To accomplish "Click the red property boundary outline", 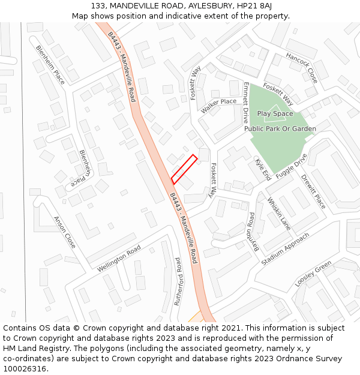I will point(184,169).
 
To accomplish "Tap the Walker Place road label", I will point(219,105).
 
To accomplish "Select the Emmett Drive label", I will point(245,103).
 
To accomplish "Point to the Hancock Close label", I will point(302,67).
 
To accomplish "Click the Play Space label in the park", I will point(275,113).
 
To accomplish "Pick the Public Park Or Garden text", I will point(280,129).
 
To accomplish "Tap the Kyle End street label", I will point(263,170).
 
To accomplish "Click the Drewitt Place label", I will point(313,191).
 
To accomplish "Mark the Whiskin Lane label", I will point(279,214).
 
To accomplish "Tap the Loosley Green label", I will point(313,274).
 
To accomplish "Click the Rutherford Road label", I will point(178,282).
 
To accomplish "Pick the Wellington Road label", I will point(119,258).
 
